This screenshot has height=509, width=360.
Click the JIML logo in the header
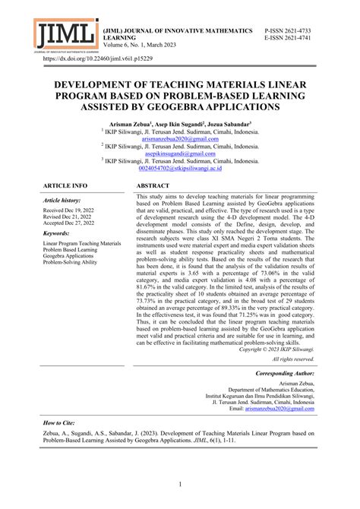point(65,33)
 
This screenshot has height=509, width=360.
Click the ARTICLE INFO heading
point(65,185)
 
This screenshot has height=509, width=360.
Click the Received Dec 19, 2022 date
point(69,209)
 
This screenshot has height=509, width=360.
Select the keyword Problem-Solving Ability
point(70,262)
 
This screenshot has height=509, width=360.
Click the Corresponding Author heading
point(284,375)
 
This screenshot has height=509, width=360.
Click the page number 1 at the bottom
point(180,483)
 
